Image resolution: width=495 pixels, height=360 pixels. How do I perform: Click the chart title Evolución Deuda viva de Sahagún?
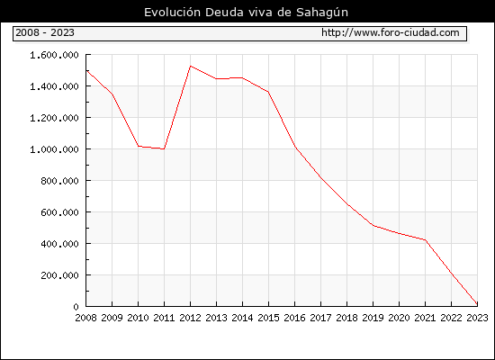(246, 13)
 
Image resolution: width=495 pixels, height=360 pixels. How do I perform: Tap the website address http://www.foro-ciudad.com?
(391, 32)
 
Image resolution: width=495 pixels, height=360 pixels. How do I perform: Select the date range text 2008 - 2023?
(45, 32)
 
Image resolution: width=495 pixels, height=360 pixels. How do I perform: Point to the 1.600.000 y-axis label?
(54, 55)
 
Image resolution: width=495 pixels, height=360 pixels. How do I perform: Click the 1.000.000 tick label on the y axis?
(54, 149)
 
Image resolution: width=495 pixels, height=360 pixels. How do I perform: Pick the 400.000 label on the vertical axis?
(59, 244)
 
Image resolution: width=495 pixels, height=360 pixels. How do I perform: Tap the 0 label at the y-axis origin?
(76, 307)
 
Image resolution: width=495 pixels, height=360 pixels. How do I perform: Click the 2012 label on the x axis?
(190, 318)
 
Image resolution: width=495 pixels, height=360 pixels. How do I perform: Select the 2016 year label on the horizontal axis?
(294, 318)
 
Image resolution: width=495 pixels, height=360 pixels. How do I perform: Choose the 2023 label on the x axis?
(477, 318)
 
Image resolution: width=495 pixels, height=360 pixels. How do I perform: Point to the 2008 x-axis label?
(85, 318)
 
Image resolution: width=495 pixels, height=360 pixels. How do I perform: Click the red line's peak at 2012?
(191, 66)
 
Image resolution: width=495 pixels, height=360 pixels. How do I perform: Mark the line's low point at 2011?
(164, 148)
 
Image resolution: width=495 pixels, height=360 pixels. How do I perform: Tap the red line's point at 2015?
(269, 92)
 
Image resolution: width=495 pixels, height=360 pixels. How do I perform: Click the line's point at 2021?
(425, 240)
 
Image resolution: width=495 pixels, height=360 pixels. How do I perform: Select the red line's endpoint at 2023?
(477, 304)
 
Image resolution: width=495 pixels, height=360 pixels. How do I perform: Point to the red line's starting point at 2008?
(86, 70)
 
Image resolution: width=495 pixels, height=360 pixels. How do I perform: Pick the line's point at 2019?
(373, 226)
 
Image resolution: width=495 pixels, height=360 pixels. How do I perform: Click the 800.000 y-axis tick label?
(59, 181)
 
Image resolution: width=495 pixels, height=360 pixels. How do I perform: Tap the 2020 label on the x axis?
(399, 318)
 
